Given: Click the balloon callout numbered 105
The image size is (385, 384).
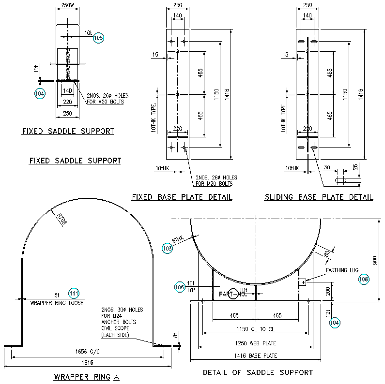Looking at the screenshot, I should tap(98, 38).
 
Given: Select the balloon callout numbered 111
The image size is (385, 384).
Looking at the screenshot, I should tap(74, 293).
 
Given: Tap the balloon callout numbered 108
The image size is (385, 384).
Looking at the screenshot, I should tap(363, 279).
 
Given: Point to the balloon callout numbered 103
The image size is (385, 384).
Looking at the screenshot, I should tap(167, 249).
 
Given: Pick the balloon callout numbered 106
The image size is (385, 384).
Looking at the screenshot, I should tap(179, 287).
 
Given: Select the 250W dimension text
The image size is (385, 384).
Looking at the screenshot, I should tap(67, 5).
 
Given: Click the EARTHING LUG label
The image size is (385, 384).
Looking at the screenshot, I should tap(341, 270).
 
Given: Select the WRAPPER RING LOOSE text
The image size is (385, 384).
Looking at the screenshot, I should tap(57, 303).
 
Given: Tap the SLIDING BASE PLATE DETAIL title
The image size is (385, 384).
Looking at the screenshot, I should tap(319, 197).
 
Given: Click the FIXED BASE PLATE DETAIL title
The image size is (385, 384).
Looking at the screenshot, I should tap(182, 197).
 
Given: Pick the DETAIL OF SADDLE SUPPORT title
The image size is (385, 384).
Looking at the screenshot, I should tap(257, 372).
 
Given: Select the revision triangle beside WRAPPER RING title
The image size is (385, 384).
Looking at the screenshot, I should tap(116, 378).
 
